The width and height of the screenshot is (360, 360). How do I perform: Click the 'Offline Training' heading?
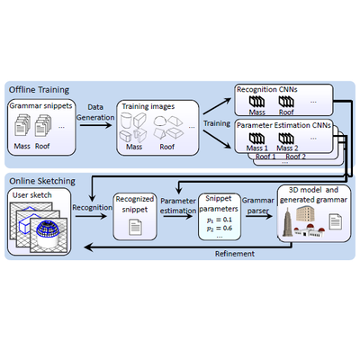point(39,90)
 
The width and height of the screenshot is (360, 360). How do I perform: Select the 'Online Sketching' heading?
point(42,181)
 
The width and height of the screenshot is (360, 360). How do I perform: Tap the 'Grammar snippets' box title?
point(40,106)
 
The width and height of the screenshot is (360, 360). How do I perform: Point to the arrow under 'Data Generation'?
point(95,124)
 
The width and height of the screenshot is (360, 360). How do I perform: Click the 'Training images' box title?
point(148,106)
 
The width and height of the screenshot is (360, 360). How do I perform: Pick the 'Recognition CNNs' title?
point(267,89)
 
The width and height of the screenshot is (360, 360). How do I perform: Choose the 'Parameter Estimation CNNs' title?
point(283,125)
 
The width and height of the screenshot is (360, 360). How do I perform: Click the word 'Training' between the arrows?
point(217,123)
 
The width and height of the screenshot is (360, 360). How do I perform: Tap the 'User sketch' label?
point(32,195)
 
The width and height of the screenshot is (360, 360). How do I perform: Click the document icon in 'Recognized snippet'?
point(135,227)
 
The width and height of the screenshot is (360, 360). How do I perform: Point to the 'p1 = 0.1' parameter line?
point(220,220)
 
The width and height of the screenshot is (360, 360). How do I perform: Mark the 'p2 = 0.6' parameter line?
point(220,229)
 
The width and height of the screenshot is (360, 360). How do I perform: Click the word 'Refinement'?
point(235,254)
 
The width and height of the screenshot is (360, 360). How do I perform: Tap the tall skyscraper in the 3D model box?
point(287,222)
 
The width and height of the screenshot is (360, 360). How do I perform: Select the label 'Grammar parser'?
point(258,206)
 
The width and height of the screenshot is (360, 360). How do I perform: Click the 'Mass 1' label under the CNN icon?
point(257,148)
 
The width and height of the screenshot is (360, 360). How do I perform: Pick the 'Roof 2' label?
point(295,157)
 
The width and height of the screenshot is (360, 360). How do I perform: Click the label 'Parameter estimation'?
point(178,206)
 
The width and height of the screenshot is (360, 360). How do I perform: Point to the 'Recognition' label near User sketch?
point(92,208)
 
